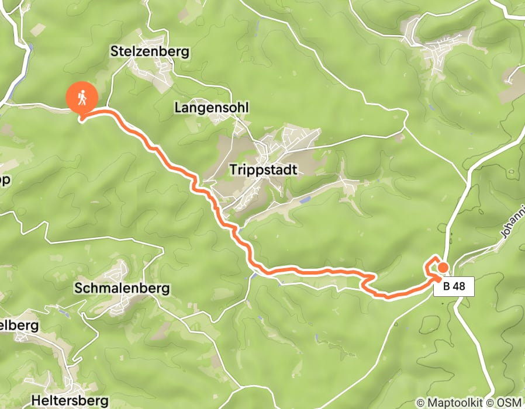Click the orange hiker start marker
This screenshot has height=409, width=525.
pos(82,98)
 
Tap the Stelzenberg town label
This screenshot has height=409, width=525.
pos(150,51)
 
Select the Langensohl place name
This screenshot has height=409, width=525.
pos(212,108)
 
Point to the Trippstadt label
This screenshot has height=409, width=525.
pos(264,170)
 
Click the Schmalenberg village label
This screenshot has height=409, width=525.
pos(122,288)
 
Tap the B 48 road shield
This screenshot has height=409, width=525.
pos(454,287)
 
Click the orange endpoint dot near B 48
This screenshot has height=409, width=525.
pos(443,268)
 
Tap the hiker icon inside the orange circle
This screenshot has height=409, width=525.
pos(82,98)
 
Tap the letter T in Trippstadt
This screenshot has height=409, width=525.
pos(234,170)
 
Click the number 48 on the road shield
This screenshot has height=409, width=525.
pos(460,287)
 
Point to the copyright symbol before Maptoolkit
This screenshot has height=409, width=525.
pos(421,403)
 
